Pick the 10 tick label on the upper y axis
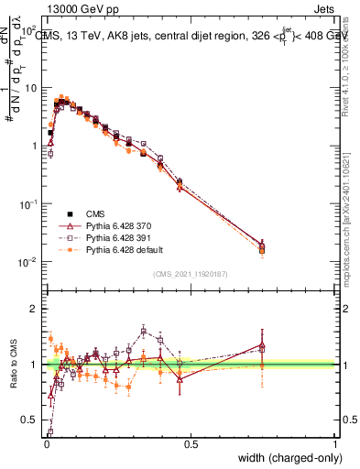click(x=31, y=89)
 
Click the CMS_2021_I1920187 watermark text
click(x=191, y=274)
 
